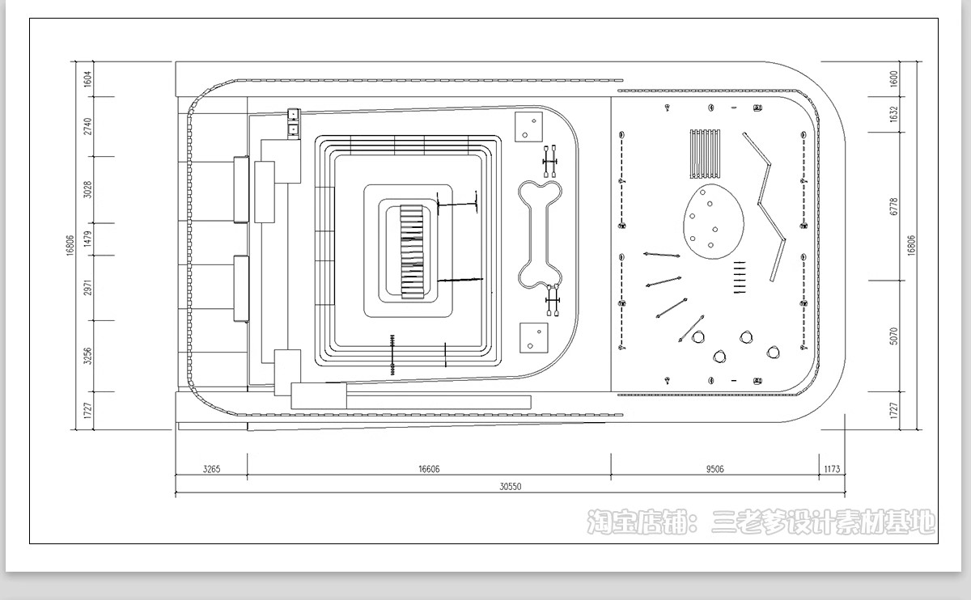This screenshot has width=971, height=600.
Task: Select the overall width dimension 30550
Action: [x=511, y=487]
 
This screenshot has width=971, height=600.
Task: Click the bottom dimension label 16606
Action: [x=429, y=469]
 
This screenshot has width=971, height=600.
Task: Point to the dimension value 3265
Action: [x=211, y=469]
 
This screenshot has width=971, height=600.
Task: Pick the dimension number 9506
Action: [x=714, y=469]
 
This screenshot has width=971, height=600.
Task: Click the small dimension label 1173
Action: [x=832, y=469]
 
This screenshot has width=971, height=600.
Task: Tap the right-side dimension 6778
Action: [x=893, y=207]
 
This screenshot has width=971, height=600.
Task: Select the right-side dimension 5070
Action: [x=893, y=336]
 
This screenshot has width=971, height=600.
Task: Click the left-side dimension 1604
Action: [x=87, y=79]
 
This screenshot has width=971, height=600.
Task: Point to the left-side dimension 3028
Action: [x=87, y=190]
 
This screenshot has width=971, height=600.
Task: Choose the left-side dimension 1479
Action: [x=87, y=239]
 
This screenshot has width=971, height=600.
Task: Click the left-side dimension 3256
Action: [x=87, y=356]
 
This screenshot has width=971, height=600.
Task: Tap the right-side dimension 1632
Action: [x=893, y=114]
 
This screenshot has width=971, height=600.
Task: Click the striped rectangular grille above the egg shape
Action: [x=705, y=154]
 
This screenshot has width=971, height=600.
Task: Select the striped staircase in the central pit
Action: [x=411, y=251]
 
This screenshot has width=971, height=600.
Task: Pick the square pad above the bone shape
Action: [x=528, y=127]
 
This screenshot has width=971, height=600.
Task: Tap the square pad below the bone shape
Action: [x=533, y=338]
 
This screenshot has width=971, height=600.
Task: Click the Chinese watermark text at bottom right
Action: [x=761, y=522]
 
